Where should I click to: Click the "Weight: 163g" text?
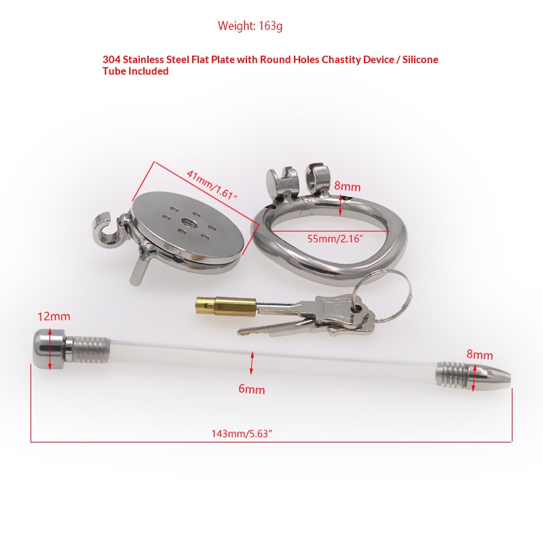click(250, 26)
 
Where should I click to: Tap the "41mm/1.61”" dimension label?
click(212, 184)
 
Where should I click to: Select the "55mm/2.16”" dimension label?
click(335, 239)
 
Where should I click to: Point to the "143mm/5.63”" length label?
click(242, 434)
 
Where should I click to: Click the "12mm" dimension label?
click(54, 316)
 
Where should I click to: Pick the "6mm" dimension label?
click(252, 389)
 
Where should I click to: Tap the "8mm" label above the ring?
click(347, 187)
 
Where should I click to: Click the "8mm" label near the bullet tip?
click(480, 354)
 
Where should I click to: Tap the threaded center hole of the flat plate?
click(189, 222)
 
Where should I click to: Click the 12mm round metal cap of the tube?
click(50, 349)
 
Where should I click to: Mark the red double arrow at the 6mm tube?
click(252, 363)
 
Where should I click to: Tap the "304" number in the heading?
click(111, 60)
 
